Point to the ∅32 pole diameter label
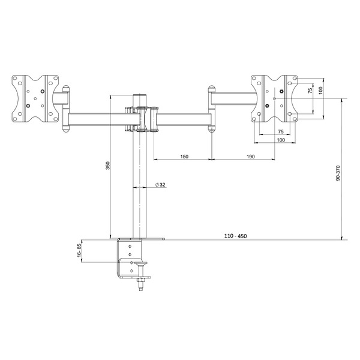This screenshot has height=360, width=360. tap(160, 185)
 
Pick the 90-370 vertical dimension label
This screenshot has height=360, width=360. tap(338, 174)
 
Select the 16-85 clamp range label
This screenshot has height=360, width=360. tap(79, 251)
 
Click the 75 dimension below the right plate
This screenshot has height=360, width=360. tap(280, 131)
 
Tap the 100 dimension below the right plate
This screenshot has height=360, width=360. tap(280, 140)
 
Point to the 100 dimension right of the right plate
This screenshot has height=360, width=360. tap(320, 90)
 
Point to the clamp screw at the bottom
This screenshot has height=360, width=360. tap(142, 282)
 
